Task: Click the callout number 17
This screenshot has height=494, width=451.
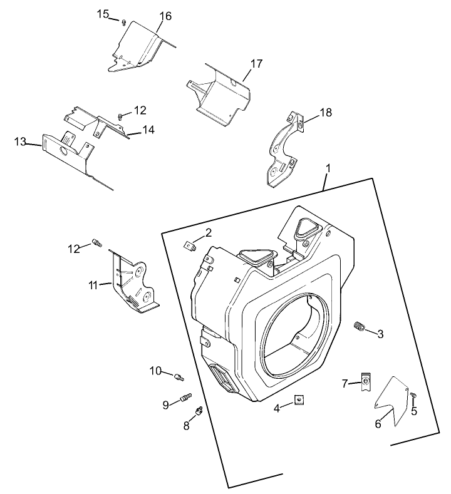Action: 256,64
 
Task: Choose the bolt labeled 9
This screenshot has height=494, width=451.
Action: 185,397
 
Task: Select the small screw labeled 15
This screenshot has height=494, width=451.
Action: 124,21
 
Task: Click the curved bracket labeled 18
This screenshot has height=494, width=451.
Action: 283,148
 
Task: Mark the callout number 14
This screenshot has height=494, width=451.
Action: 148,130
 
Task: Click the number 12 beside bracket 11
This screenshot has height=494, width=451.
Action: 75,249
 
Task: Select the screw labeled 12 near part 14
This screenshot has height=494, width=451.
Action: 120,116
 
